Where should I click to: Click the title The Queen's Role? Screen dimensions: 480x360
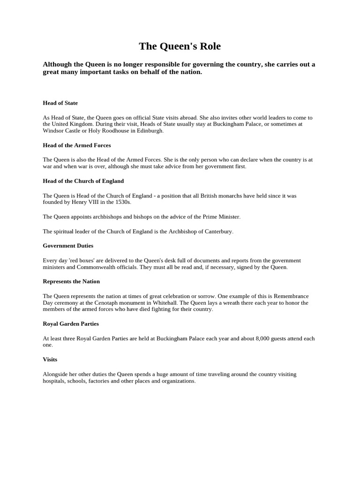click(180, 46)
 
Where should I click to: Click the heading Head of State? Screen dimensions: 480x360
click(60, 103)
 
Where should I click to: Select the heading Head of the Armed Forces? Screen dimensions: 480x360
click(76, 145)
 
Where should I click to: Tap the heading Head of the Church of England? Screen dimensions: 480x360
click(83, 181)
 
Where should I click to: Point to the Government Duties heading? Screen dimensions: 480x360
click(68, 246)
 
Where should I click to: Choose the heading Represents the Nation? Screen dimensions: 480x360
click(71, 282)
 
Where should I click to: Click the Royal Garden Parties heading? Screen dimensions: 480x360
click(70, 324)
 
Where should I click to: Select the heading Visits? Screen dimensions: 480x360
click(50, 360)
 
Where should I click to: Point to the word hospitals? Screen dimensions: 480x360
click(54, 381)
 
